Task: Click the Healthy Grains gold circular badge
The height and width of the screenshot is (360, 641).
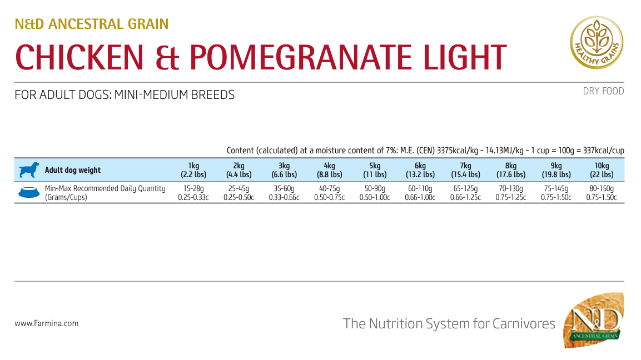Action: point(597,42)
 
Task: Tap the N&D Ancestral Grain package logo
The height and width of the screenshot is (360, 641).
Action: point(593,321)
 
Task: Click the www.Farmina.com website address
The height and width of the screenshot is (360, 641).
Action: point(47,323)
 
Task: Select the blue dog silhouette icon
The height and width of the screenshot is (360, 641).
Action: point(29,170)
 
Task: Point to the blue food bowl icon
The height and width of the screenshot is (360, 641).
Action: point(29,192)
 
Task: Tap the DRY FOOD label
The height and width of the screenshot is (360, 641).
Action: point(603,91)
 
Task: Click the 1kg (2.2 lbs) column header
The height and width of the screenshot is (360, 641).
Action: point(193,170)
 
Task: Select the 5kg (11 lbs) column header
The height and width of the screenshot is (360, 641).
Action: point(375,170)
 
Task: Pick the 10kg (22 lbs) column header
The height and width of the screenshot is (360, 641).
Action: point(602,170)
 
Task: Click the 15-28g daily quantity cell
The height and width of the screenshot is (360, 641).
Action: point(193,189)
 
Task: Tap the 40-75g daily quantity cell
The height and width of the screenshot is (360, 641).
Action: point(329,189)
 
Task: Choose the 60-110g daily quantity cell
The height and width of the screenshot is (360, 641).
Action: point(420,189)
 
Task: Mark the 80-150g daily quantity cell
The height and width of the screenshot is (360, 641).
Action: point(602,189)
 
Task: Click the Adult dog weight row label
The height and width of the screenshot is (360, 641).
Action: point(73,170)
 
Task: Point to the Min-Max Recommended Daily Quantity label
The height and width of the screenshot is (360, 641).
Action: point(105,189)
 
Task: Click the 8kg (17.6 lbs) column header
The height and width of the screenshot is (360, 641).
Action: point(511,170)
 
